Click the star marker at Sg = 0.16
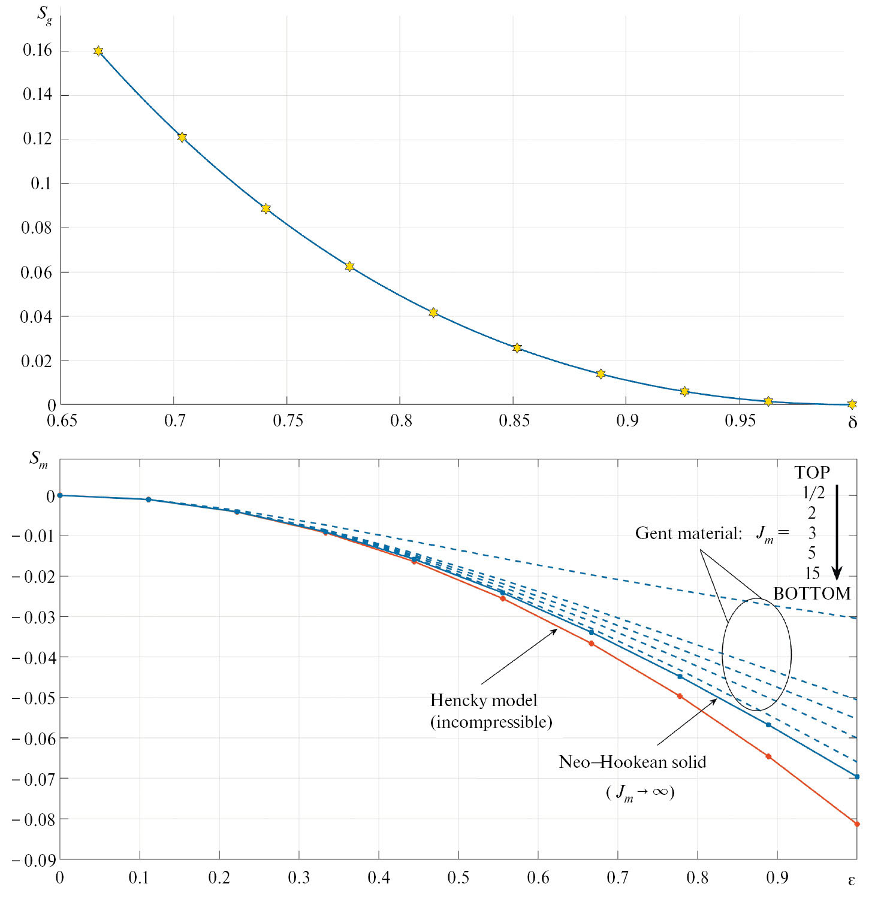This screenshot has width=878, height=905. coord(98,51)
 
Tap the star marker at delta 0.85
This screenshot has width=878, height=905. coord(517,348)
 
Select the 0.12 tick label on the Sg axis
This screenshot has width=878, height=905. coord(37,139)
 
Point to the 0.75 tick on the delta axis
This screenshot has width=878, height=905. coord(288,420)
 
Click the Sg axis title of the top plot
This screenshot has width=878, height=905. coord(44,14)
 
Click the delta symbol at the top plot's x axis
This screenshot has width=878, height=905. coord(852,423)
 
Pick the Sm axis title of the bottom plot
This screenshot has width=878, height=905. coord(38,460)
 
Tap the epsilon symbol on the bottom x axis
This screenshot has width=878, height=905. coord(852,880)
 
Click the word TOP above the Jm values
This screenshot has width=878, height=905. coord(812,473)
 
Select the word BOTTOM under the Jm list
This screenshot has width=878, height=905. coord(812,594)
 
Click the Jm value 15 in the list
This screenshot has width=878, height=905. coord(812,573)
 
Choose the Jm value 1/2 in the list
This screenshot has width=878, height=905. coord(813,493)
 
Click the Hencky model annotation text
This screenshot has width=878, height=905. coord(491,711)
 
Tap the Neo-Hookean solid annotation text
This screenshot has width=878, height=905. coord(632,762)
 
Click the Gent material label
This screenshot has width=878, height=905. coord(689,533)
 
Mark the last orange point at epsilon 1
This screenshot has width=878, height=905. coord(856,824)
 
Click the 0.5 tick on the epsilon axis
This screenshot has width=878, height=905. coord(458,877)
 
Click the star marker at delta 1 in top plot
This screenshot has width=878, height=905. coord(852,404)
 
